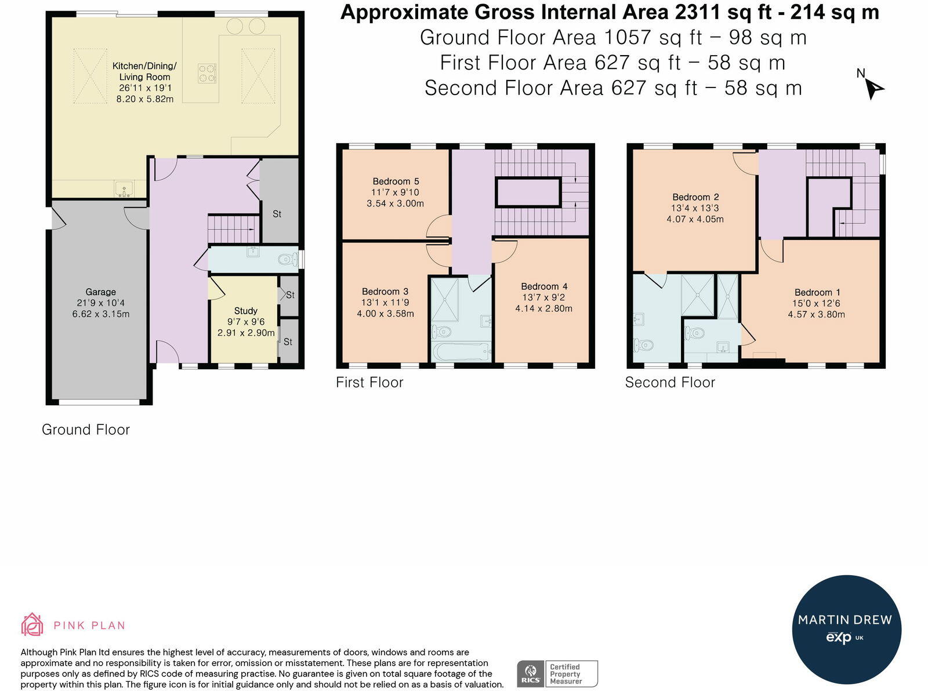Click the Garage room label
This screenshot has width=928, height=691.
tap(100, 292)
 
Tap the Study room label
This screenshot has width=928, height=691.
tap(245, 311)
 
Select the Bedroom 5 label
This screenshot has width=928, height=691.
tap(396, 181)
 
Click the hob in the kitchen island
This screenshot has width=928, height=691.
tap(207, 74)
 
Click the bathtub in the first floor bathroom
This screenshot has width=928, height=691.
tap(461, 352)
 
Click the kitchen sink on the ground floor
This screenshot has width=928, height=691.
tap(124, 189)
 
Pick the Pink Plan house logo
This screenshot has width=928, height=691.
tap(32, 624)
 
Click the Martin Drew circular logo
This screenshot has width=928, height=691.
tap(847, 630)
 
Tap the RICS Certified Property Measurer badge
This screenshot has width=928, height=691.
tap(557, 674)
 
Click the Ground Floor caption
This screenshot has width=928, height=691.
tap(86, 430)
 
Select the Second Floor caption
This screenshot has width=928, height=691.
tap(670, 382)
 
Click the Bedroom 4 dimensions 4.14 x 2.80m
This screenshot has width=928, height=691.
tap(543, 309)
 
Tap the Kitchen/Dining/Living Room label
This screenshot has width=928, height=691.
tap(144, 71)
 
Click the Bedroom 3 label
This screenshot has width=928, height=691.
tap(385, 292)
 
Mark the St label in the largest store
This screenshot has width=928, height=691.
tap(277, 214)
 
